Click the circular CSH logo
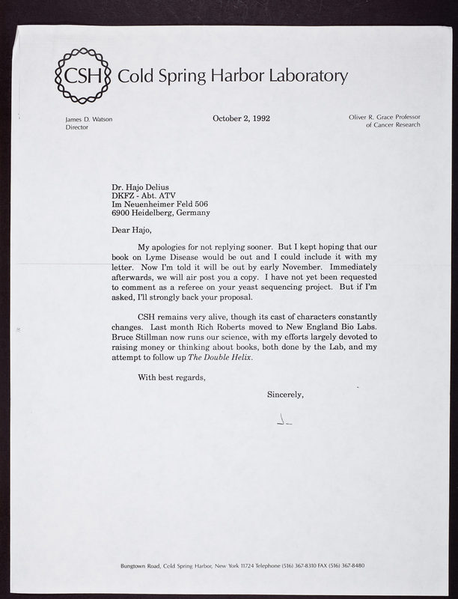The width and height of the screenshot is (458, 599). pyautogui.click(x=83, y=75)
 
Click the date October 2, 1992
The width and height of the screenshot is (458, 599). pyautogui.click(x=241, y=118)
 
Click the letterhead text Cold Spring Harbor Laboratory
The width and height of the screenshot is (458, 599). pyautogui.click(x=233, y=76)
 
